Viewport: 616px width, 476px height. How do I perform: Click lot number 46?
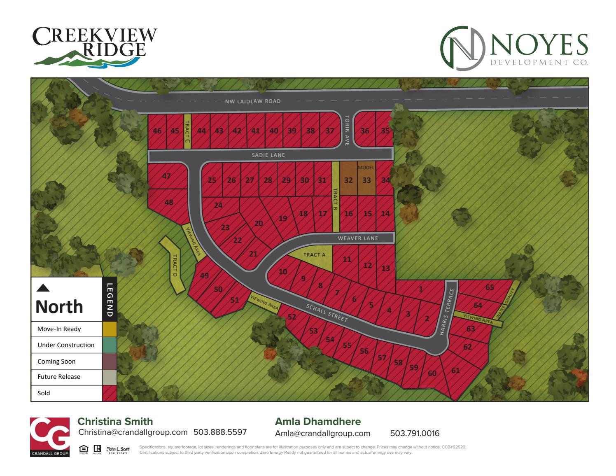pos(157,131)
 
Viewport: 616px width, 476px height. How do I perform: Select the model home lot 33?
pos(366,180)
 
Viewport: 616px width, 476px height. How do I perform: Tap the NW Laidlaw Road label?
pos(253,101)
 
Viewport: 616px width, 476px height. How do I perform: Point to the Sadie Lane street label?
pos(268,155)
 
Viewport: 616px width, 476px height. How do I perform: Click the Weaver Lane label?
pos(358,238)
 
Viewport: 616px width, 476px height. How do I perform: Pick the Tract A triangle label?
pos(314,255)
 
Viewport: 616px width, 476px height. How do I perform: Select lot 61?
pos(455,371)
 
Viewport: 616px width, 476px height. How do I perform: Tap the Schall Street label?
pos(327,313)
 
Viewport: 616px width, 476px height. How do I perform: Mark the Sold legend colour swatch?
pos(110,393)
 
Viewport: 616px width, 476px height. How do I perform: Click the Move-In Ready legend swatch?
pos(110,329)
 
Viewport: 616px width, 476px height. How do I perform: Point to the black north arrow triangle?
pos(43,288)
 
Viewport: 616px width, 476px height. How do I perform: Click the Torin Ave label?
pos(347,130)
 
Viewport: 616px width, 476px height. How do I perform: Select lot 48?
pos(169,202)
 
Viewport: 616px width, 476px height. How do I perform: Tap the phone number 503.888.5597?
pos(220,432)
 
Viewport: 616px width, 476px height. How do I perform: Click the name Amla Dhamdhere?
pos(317,422)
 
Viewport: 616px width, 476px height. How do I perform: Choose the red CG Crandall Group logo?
pos(50,436)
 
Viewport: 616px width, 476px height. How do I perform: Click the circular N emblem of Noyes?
pos(462,48)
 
